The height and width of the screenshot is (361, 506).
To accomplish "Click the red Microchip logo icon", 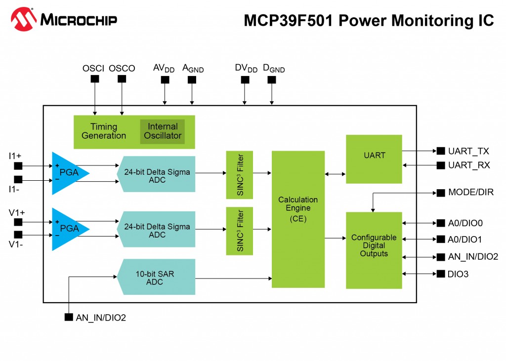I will pos(23,19).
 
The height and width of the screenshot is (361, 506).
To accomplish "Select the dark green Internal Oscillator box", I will pos(162,131).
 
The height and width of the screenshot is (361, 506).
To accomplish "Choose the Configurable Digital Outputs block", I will pos(374,249).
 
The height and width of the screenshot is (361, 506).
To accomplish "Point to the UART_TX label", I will pos(468,151).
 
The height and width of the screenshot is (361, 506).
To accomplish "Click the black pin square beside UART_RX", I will pos(440,165).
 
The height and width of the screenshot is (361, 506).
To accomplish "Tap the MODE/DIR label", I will pos(470,192).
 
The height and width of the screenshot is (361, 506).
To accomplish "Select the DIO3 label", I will pos(458,274).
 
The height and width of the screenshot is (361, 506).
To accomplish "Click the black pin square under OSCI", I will pos(95,79).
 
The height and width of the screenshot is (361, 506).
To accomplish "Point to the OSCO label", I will pos(122,68).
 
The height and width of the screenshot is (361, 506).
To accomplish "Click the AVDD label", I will pos(164,68).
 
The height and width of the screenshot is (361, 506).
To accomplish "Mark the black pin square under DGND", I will pos(271,79).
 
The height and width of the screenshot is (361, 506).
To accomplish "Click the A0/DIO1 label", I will pos(465,240).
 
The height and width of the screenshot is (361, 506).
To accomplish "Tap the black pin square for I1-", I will pos(18,179).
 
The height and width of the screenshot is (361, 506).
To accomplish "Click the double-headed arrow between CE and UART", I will pos(335,173).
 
